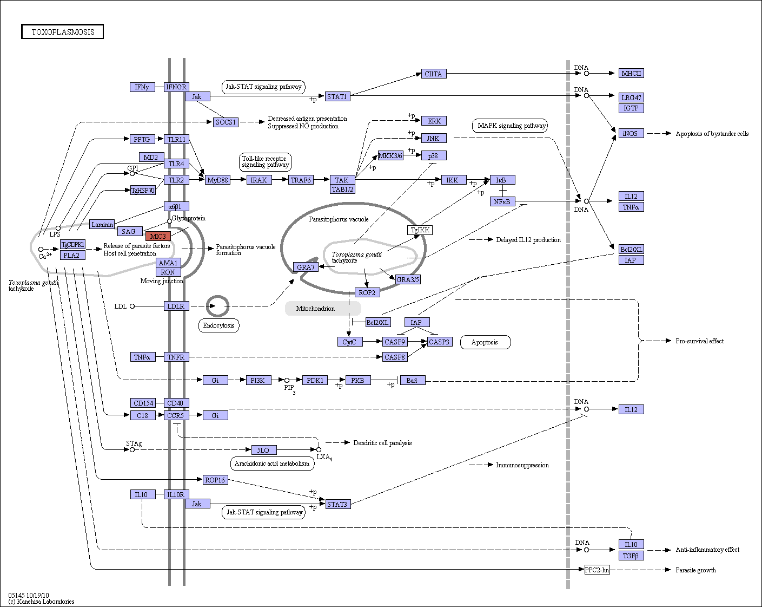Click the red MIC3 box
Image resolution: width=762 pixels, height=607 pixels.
point(158,236)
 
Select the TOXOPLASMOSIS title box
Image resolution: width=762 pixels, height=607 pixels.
point(62,31)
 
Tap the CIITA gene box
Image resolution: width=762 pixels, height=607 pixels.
point(434,74)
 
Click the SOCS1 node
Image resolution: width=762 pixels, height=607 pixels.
point(226,122)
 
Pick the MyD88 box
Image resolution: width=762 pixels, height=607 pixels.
point(218,180)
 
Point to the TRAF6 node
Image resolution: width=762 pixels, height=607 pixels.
point(301,180)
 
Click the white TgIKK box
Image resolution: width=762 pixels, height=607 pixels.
point(420,230)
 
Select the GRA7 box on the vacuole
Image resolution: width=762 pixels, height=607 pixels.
point(306,267)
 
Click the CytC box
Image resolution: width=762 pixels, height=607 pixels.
point(350,342)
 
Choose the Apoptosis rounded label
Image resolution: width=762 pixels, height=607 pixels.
point(486,342)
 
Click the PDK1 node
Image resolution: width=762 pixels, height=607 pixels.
point(315,381)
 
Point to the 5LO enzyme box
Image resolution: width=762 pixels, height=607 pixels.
point(264,450)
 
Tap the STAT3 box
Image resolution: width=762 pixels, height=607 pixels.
point(338,504)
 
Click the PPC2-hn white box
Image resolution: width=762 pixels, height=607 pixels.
point(598,570)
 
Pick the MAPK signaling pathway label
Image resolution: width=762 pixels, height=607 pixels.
point(510,126)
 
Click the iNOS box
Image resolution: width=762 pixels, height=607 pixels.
point(631,133)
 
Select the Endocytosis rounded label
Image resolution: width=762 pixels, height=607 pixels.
point(219,325)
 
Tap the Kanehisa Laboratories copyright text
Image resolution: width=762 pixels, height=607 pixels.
point(42,602)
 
